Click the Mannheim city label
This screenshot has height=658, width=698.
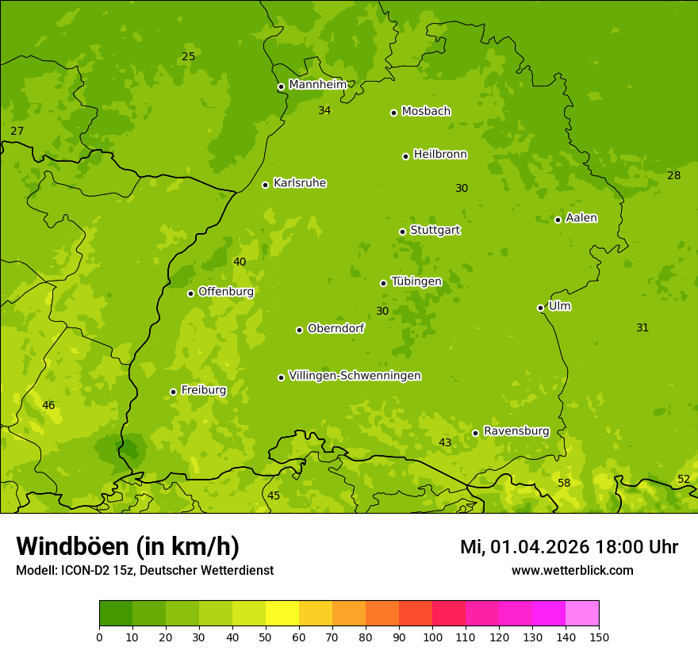click(317, 85)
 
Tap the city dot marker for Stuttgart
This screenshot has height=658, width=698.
click(402, 231)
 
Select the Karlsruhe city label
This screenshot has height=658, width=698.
click(299, 183)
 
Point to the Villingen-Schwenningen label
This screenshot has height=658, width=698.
click(355, 376)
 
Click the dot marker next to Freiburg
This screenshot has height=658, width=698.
click(173, 392)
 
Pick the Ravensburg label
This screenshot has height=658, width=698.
click(516, 431)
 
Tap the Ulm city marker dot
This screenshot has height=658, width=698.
click(540, 308)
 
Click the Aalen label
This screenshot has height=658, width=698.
click(581, 218)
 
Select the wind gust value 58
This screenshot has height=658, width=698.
click(564, 483)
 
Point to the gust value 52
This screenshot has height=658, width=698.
click(683, 479)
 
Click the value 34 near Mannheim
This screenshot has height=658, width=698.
click(324, 110)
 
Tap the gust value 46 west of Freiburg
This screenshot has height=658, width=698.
click(48, 405)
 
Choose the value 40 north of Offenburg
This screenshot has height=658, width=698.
click(240, 262)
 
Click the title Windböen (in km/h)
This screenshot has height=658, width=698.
click(128, 546)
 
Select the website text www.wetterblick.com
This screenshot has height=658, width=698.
click(572, 570)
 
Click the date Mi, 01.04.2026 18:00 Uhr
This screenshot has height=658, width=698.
click(569, 547)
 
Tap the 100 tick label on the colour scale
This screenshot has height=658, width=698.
click(432, 637)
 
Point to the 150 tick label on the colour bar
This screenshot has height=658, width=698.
click(599, 637)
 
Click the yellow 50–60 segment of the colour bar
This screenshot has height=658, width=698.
click(282, 614)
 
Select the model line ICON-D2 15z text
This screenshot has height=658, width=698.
click(144, 571)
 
